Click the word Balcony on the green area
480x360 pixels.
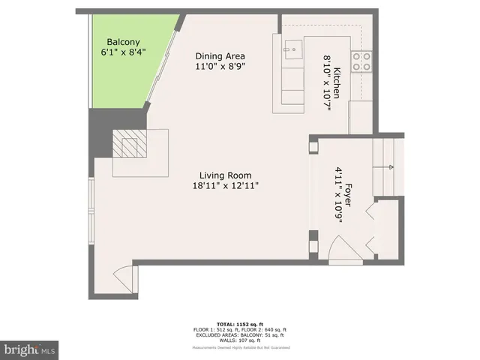point(121,42)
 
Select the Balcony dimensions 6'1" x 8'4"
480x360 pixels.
point(124,52)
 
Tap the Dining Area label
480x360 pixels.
point(220,56)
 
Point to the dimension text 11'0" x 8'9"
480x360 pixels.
point(220,67)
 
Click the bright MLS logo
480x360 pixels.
point(30,349)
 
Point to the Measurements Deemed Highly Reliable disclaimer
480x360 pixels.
point(239,347)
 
